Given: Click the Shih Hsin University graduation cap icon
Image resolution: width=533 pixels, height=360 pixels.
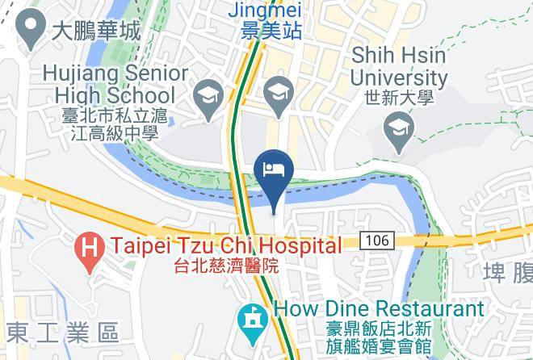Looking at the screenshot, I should tap(399, 127).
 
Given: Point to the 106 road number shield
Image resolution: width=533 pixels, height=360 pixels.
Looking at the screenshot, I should tap(371, 241).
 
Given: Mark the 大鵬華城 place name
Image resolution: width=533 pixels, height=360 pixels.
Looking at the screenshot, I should tap(95, 31).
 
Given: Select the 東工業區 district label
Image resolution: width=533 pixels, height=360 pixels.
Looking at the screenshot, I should tap(61, 332).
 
